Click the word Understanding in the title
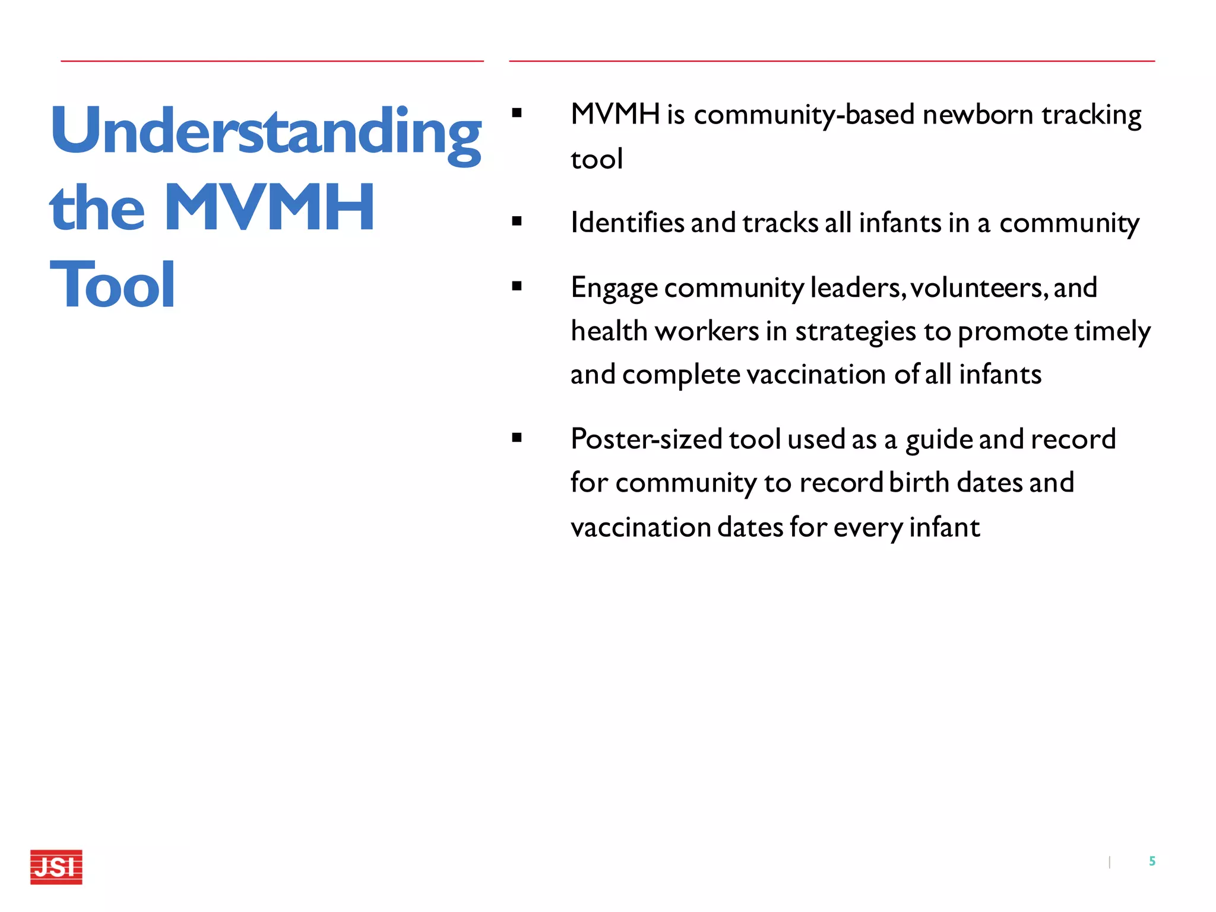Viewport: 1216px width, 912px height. coord(265,132)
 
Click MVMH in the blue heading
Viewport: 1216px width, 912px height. coord(268,208)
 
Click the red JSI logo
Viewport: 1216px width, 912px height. coord(56,867)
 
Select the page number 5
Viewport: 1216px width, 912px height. coord(1152,861)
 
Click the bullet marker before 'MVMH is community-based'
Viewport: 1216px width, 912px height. coord(517,113)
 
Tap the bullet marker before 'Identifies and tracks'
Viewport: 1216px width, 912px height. coord(517,221)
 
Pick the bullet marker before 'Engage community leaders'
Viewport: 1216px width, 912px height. coord(517,286)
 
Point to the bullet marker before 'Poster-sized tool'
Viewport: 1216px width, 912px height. coord(517,438)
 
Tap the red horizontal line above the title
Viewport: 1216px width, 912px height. coord(272,61)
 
